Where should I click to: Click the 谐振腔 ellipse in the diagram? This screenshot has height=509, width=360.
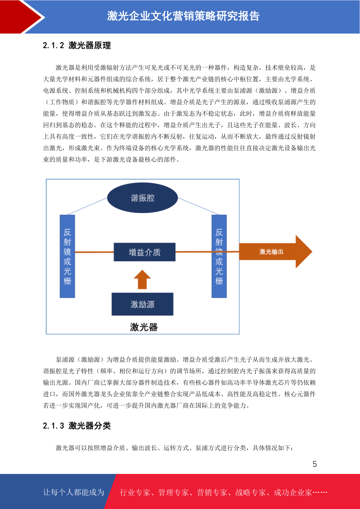(142, 198)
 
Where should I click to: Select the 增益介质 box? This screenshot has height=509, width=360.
(144, 252)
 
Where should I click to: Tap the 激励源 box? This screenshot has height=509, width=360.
(142, 304)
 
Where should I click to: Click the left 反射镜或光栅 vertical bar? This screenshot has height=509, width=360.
(67, 256)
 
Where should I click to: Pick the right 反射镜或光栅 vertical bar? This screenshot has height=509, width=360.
(219, 256)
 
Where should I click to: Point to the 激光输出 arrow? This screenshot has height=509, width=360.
(275, 251)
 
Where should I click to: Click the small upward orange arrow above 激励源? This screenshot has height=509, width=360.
(142, 280)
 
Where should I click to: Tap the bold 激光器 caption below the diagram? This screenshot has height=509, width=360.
(144, 327)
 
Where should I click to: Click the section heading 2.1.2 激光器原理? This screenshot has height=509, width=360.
(77, 45)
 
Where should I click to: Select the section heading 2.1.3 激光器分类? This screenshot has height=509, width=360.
(77, 426)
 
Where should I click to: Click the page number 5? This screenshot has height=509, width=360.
(315, 464)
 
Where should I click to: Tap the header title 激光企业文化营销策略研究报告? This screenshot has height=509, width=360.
(183, 16)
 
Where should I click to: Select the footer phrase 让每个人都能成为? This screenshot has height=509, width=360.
(74, 492)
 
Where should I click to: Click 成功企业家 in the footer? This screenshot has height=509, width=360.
(293, 492)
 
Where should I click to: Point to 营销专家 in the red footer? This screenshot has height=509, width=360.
(212, 492)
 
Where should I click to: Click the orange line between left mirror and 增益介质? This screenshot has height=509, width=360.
(94, 252)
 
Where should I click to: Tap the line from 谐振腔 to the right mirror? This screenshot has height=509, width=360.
(198, 206)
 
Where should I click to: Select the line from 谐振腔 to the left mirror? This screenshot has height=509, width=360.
(87, 206)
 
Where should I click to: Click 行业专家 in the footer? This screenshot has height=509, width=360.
(135, 492)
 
